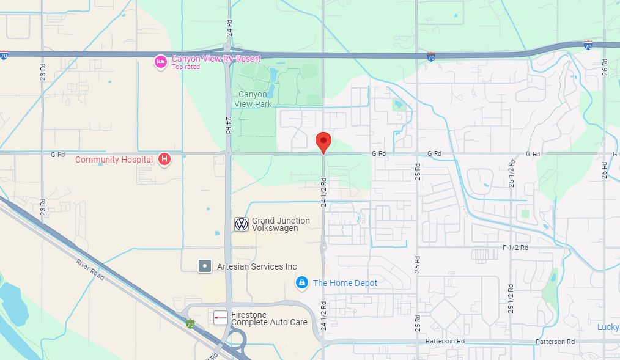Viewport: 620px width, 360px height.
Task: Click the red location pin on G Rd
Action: pos(323,142)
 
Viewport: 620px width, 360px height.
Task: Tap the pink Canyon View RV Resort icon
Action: pos(160,61)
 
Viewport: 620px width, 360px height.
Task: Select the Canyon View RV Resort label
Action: pos(216,59)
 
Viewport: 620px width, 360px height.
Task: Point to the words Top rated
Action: pos(186,67)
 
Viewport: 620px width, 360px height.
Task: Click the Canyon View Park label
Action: pos(253,99)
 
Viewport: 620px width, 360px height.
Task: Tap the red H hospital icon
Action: pos(164,160)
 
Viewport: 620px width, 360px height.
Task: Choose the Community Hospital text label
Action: pos(114,160)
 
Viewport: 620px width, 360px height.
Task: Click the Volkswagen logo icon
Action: pos(242,224)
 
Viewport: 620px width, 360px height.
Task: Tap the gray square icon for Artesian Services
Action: pos(205,266)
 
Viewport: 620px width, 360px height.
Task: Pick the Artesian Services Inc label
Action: pos(257,266)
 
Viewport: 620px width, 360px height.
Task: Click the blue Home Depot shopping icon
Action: pos(301,283)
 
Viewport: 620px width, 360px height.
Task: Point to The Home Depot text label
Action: pos(345,283)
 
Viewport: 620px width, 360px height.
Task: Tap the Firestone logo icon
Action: pos(220,318)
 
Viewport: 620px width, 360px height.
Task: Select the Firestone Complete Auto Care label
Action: pos(269,318)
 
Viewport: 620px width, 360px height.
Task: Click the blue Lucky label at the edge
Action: pos(608,327)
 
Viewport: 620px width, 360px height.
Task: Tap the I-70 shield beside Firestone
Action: pos(190,323)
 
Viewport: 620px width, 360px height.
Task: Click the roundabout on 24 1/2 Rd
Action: pos(323,248)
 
